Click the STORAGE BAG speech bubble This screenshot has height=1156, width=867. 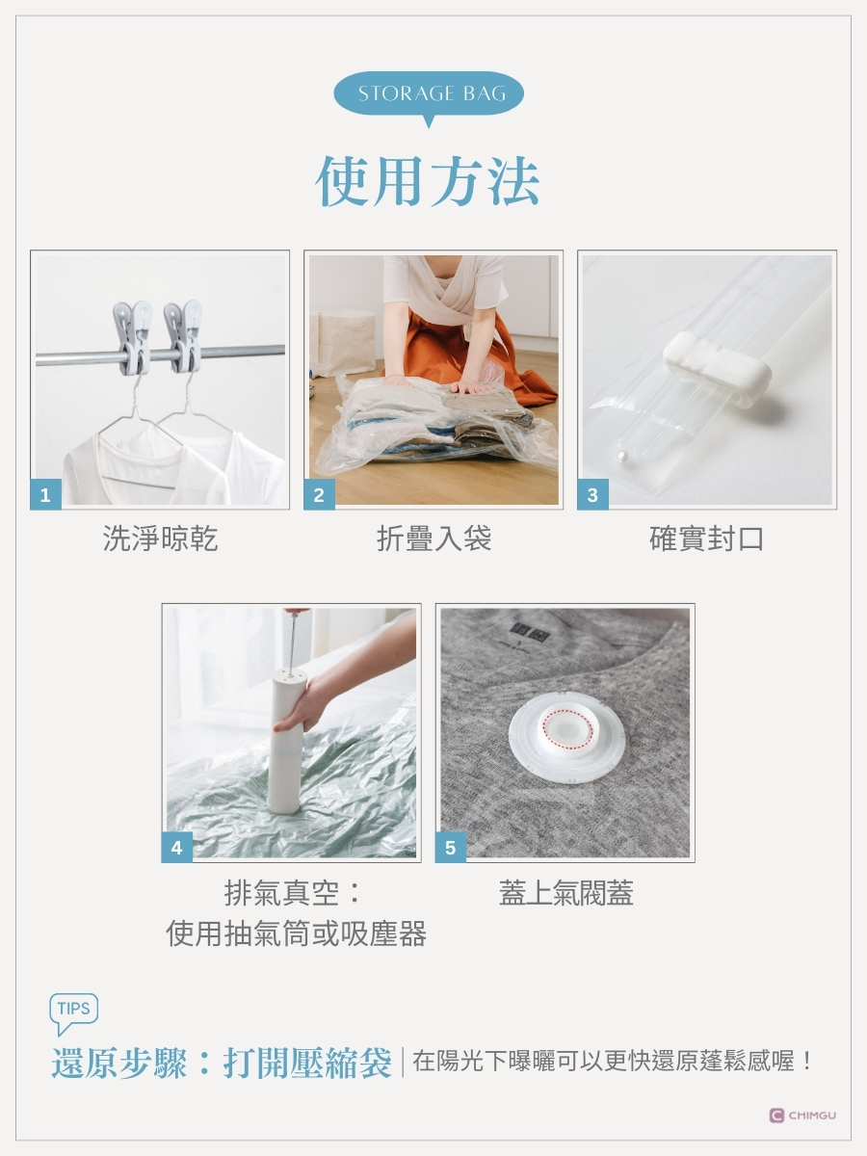(429, 94)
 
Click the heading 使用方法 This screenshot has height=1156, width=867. (428, 181)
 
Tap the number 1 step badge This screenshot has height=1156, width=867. (45, 494)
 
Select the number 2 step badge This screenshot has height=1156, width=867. (319, 494)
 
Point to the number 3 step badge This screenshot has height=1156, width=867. (592, 494)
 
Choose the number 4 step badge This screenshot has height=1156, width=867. (177, 848)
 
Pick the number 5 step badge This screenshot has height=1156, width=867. (451, 848)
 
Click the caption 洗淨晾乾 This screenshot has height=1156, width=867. (160, 539)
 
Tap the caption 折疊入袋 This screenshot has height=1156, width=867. (433, 539)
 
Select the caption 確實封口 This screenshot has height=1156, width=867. (706, 539)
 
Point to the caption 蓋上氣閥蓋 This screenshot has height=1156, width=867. (565, 892)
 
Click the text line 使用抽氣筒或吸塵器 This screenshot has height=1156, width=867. (296, 933)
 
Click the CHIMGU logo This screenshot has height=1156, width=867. (802, 1116)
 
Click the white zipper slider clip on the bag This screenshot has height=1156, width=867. (717, 370)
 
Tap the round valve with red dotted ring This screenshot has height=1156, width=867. (566, 734)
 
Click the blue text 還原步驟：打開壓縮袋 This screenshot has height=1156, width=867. (222, 1064)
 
